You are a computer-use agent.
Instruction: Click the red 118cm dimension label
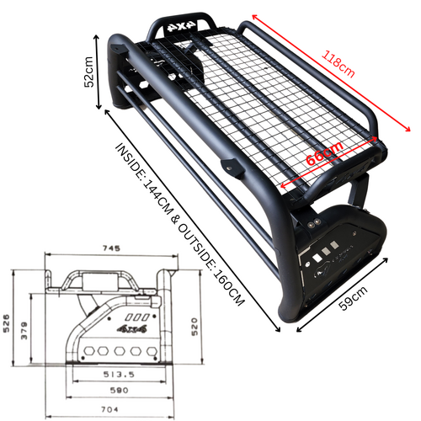[x=338, y=64]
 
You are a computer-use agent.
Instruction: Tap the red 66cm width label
[x=325, y=154]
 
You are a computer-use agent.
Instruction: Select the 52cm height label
[x=88, y=72]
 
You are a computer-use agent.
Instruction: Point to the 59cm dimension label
[x=353, y=298]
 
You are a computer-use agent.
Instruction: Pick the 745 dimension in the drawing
[x=111, y=248]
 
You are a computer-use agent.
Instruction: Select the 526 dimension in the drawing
[x=6, y=323]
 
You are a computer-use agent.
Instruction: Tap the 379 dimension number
[x=24, y=330]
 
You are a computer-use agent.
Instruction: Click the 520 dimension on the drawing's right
[x=195, y=327]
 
